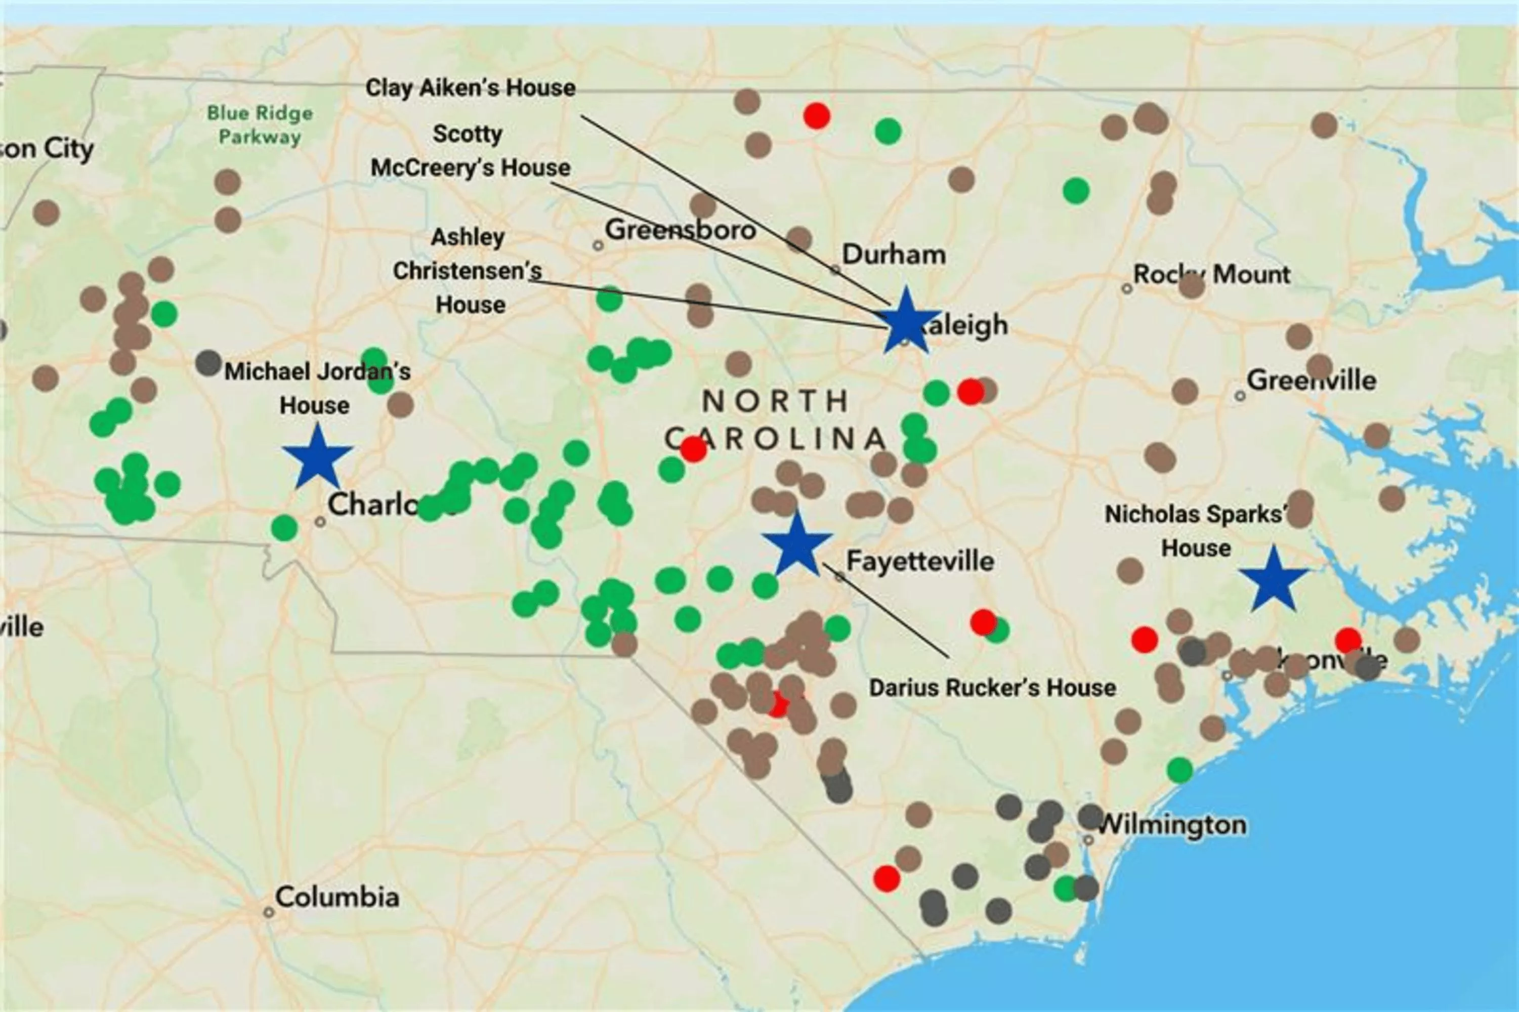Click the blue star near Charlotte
tap(317, 457)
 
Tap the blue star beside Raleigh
tap(906, 321)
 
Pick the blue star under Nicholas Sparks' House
tap(1273, 579)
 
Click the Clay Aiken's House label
tap(471, 88)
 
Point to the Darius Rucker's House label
tap(992, 687)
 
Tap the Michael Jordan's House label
tap(316, 388)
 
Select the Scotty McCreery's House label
tap(470, 151)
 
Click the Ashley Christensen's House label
tap(468, 270)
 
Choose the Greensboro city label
tap(680, 230)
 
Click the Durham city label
tap(894, 255)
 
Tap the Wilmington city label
tap(1171, 825)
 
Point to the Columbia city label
tap(337, 897)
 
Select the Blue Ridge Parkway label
tap(260, 125)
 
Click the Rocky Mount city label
tap(1212, 274)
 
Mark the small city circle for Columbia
tap(269, 912)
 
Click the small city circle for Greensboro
tap(598, 245)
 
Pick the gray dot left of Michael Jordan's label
tap(208, 363)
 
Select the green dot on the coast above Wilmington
tap(1179, 769)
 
